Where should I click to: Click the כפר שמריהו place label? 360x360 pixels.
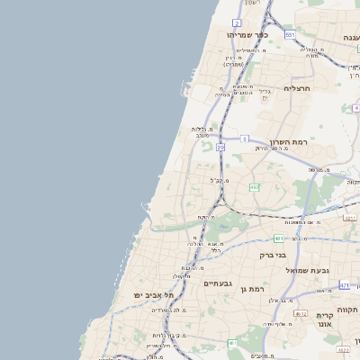242,34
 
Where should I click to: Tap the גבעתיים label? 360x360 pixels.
218,283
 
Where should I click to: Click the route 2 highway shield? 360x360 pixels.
236,22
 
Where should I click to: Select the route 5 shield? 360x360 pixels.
244,139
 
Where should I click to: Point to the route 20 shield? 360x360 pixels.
220,146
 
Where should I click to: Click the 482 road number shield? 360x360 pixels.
255,186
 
